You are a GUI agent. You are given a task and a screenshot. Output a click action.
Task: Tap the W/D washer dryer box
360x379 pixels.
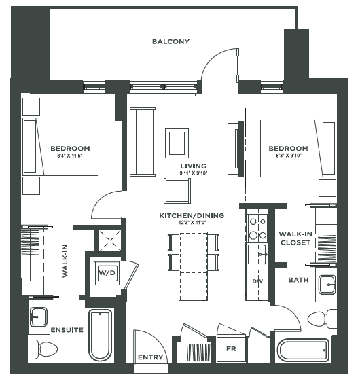click(108, 272)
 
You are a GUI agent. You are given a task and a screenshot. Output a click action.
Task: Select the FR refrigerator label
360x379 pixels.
click(230, 348)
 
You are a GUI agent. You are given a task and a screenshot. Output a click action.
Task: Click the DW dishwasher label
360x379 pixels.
click(257, 281)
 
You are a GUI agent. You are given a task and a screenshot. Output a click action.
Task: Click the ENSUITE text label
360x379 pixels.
click(67, 330)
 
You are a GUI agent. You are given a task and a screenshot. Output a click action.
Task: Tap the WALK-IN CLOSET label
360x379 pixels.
click(295, 237)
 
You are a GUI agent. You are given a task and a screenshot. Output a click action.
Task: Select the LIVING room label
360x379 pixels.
click(194, 166)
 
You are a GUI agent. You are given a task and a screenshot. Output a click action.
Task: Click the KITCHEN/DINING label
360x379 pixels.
click(192, 216)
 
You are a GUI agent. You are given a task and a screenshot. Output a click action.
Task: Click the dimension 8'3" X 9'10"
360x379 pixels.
click(288, 156)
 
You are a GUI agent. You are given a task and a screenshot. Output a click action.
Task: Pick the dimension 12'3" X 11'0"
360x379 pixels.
click(192, 223)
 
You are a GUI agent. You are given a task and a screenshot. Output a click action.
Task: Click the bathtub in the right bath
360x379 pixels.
click(304, 351)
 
